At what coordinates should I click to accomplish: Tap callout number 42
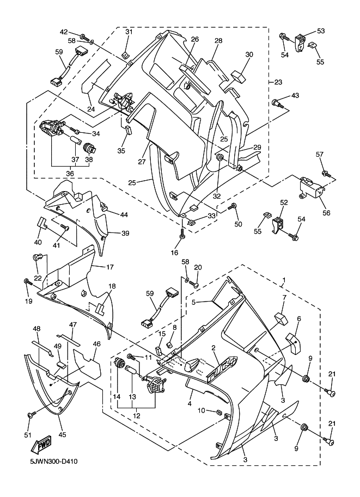pos(64,32)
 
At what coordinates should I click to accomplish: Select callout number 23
pos(278,82)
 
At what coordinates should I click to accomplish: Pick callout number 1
pos(283,281)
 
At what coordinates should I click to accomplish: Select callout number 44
pos(124,215)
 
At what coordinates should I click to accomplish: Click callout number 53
pos(320,31)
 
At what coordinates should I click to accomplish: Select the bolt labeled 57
pos(325,174)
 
